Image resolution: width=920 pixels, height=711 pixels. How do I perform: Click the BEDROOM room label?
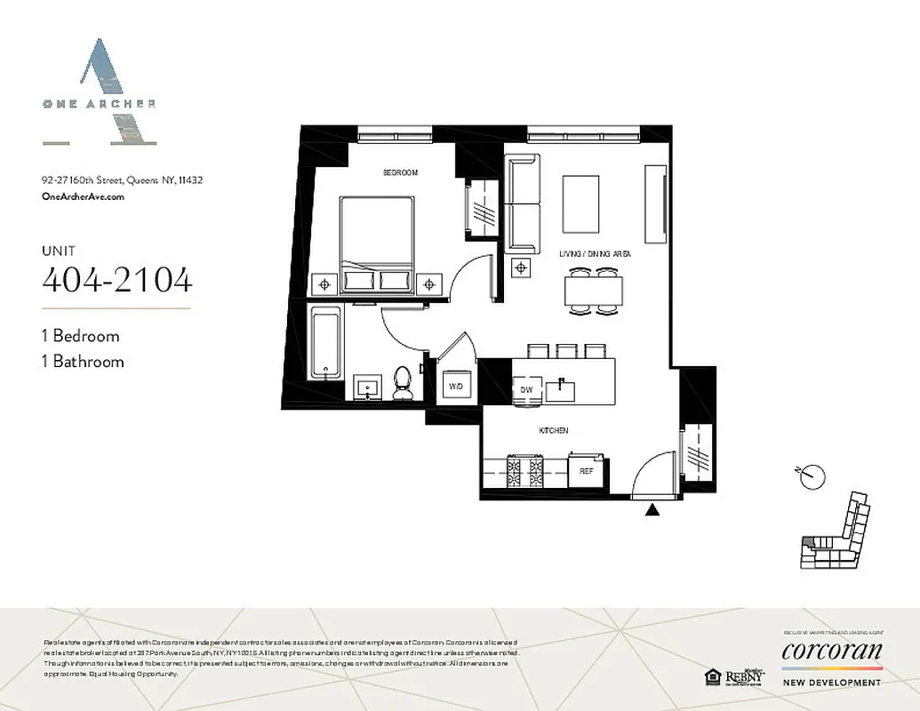click(x=400, y=172)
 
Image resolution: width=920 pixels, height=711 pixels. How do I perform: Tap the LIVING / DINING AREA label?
click(x=595, y=254)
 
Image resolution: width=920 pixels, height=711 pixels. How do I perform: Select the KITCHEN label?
click(x=553, y=430)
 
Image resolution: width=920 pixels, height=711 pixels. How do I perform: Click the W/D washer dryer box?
click(x=456, y=386)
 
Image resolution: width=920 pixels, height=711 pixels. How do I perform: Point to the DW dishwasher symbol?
click(x=525, y=389)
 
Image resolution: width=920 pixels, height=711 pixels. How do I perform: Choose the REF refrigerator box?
click(x=587, y=471)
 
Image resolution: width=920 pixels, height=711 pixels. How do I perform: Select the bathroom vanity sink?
click(x=366, y=387)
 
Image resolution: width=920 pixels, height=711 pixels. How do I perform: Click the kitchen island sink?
click(x=562, y=388)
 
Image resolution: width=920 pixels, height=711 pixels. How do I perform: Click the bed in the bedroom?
click(x=376, y=243)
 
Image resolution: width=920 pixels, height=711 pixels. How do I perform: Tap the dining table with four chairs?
click(x=594, y=290)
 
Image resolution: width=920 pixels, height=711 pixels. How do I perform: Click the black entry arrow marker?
click(x=653, y=509)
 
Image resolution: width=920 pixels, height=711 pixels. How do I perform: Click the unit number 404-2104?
click(x=116, y=279)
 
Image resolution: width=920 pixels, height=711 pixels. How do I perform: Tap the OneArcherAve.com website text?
click(x=83, y=196)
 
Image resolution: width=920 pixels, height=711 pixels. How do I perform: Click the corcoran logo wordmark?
click(x=832, y=652)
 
